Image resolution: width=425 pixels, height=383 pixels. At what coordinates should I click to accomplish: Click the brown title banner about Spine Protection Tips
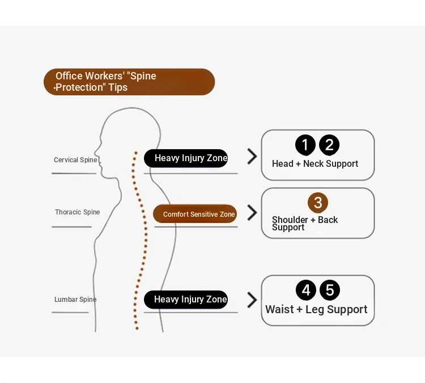129,82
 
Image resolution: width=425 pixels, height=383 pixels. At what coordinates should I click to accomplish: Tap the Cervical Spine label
75,160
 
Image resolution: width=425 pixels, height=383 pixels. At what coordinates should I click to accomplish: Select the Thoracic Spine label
78,212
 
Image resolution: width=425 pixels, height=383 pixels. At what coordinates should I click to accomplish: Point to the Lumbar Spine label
75,300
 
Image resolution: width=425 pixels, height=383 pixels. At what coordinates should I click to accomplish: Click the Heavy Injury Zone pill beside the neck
186,158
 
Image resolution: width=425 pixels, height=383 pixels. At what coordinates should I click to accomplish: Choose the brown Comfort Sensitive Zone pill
195,214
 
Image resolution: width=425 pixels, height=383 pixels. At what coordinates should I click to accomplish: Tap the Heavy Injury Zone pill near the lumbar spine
186,300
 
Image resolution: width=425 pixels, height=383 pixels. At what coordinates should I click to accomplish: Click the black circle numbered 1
305,145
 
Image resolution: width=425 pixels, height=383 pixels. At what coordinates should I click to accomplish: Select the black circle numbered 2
329,145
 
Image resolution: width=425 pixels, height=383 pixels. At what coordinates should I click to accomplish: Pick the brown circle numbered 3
318,203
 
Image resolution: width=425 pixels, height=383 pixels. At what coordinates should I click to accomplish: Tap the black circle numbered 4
306,290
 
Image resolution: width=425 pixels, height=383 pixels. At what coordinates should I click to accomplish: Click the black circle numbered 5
330,290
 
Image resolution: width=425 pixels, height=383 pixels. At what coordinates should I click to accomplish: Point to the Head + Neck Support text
315,163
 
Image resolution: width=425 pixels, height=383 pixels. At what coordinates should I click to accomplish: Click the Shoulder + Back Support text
305,224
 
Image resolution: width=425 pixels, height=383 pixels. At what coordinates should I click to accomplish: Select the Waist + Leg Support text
316,309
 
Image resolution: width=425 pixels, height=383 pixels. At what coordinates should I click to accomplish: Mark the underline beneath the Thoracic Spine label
71,226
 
